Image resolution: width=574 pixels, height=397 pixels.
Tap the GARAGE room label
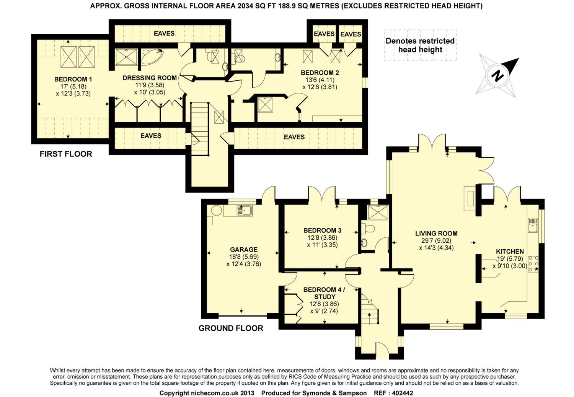[x=244, y=249]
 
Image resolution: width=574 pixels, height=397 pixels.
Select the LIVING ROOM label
[x=436, y=234]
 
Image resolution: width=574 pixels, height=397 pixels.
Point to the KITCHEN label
[x=510, y=252]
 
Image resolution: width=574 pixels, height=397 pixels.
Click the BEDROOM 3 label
[x=322, y=230]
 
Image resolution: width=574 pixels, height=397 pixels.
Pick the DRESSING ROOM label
[x=150, y=78]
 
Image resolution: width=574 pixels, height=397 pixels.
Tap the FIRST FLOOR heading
[x=66, y=154]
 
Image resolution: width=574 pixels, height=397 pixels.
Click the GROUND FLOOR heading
[x=231, y=328]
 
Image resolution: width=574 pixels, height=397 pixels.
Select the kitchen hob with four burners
[x=533, y=264]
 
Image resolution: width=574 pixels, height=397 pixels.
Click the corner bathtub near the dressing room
[x=151, y=57]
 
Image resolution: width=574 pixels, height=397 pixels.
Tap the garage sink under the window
[x=245, y=211]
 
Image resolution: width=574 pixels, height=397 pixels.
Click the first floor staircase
[x=200, y=129]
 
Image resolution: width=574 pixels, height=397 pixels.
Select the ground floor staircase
[x=370, y=309]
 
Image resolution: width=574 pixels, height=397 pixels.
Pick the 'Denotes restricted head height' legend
[x=420, y=45]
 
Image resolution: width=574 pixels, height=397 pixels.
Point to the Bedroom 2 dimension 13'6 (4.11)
[x=320, y=80]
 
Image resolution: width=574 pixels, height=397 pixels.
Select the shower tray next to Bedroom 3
[x=378, y=212]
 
